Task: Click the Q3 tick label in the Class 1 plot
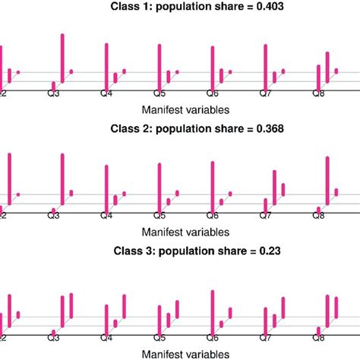coord(54,95)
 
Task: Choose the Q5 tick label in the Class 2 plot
coord(159,216)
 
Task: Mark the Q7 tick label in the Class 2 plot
coord(266,216)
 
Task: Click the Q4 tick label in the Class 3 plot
coord(106,338)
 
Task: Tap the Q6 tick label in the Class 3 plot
coord(213,338)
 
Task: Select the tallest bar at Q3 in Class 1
coord(62,57)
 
